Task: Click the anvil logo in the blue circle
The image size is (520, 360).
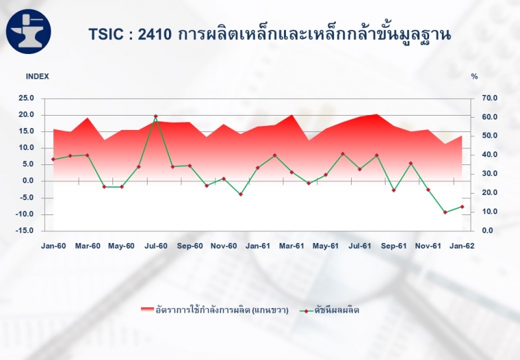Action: pos(29,31)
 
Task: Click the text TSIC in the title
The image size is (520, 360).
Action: pos(106,34)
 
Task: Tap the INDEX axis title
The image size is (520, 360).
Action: pos(38,77)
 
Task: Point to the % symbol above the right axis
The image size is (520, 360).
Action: pos(474,77)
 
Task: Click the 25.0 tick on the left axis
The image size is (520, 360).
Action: pos(26,98)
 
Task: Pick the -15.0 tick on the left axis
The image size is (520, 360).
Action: pos(25,231)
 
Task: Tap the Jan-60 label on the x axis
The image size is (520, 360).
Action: pos(53,246)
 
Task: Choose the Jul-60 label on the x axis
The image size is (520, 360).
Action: pos(156,246)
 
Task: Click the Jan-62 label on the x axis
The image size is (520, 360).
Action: pos(462,246)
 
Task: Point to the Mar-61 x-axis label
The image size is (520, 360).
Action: pos(291,246)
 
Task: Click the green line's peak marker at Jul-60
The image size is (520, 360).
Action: pos(155,116)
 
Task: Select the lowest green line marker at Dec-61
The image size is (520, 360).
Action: pos(445,212)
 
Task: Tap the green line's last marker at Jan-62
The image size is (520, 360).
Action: pos(462,207)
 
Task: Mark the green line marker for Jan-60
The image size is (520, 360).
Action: pos(53,159)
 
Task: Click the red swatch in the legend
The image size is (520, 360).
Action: pos(148,309)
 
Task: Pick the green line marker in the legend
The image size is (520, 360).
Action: pos(306,311)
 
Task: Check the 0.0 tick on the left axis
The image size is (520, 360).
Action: pos(27,181)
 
